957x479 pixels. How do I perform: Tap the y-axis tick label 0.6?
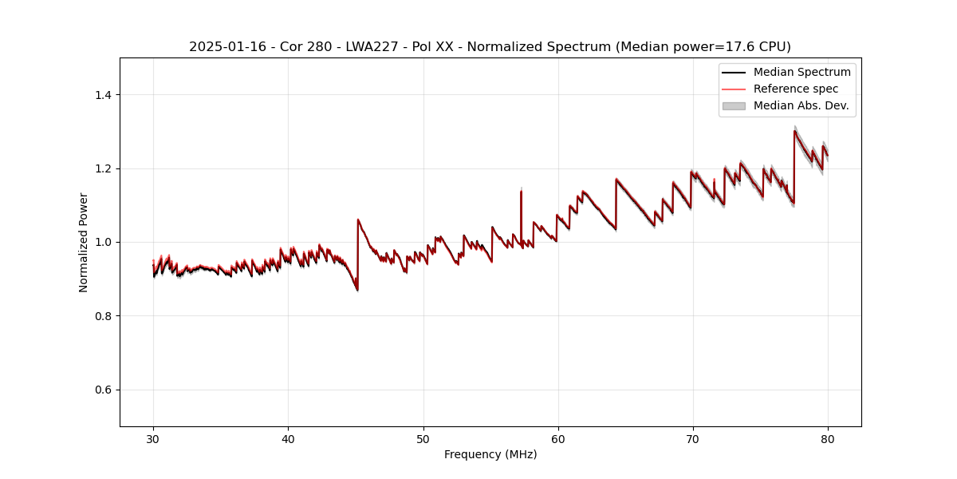[103, 390]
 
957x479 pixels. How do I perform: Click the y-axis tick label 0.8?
[103, 316]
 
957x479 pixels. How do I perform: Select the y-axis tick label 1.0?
[103, 242]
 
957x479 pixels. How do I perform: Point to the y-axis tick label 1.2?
[103, 168]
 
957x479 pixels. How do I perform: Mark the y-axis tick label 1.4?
[103, 95]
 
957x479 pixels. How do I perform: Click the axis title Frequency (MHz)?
[490, 454]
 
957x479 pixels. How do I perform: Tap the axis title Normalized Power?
[84, 242]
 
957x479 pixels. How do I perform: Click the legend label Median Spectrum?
[801, 72]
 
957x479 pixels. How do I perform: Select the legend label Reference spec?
[796, 89]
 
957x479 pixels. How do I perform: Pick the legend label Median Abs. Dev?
[801, 105]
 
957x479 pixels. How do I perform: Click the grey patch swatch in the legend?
[734, 105]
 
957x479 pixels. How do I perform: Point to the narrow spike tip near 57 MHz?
[521, 190]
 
